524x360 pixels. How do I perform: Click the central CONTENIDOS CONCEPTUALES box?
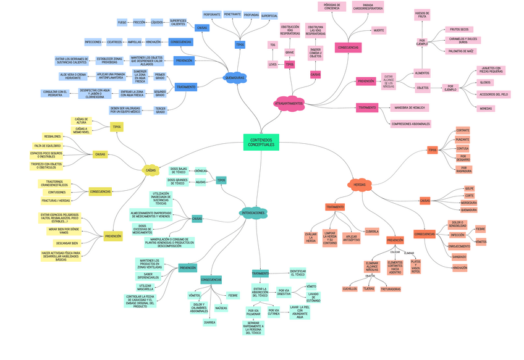261,142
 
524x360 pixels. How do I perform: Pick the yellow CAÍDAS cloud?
151,170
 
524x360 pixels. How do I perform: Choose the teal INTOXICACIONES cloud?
253,213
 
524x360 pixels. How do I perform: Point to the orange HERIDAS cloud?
359,184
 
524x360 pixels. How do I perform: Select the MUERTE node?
379,30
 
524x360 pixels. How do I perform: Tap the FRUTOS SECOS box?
459,29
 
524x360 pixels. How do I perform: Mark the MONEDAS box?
486,108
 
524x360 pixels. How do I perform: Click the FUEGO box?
122,22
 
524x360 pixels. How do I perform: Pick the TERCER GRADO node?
160,110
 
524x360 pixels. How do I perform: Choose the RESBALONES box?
52,136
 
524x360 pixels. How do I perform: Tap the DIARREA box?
209,322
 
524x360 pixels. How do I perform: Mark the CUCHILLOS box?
350,288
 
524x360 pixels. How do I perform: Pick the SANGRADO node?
459,256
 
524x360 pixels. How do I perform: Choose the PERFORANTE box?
212,14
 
